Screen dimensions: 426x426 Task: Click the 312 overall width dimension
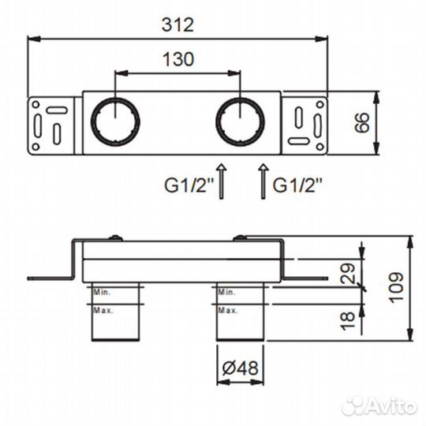pos(178,24)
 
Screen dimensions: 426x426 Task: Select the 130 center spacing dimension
pos(178,59)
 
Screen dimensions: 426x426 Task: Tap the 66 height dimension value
pos(362,122)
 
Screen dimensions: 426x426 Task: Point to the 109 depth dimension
pos(396,287)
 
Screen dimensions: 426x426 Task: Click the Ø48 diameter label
pos(240,368)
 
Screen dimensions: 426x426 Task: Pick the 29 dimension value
pos(348,273)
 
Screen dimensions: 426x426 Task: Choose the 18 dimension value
pos(348,321)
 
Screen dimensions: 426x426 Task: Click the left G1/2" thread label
pos(189,185)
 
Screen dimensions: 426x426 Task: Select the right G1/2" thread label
pos(297,185)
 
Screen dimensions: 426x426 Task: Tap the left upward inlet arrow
pos(222,181)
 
